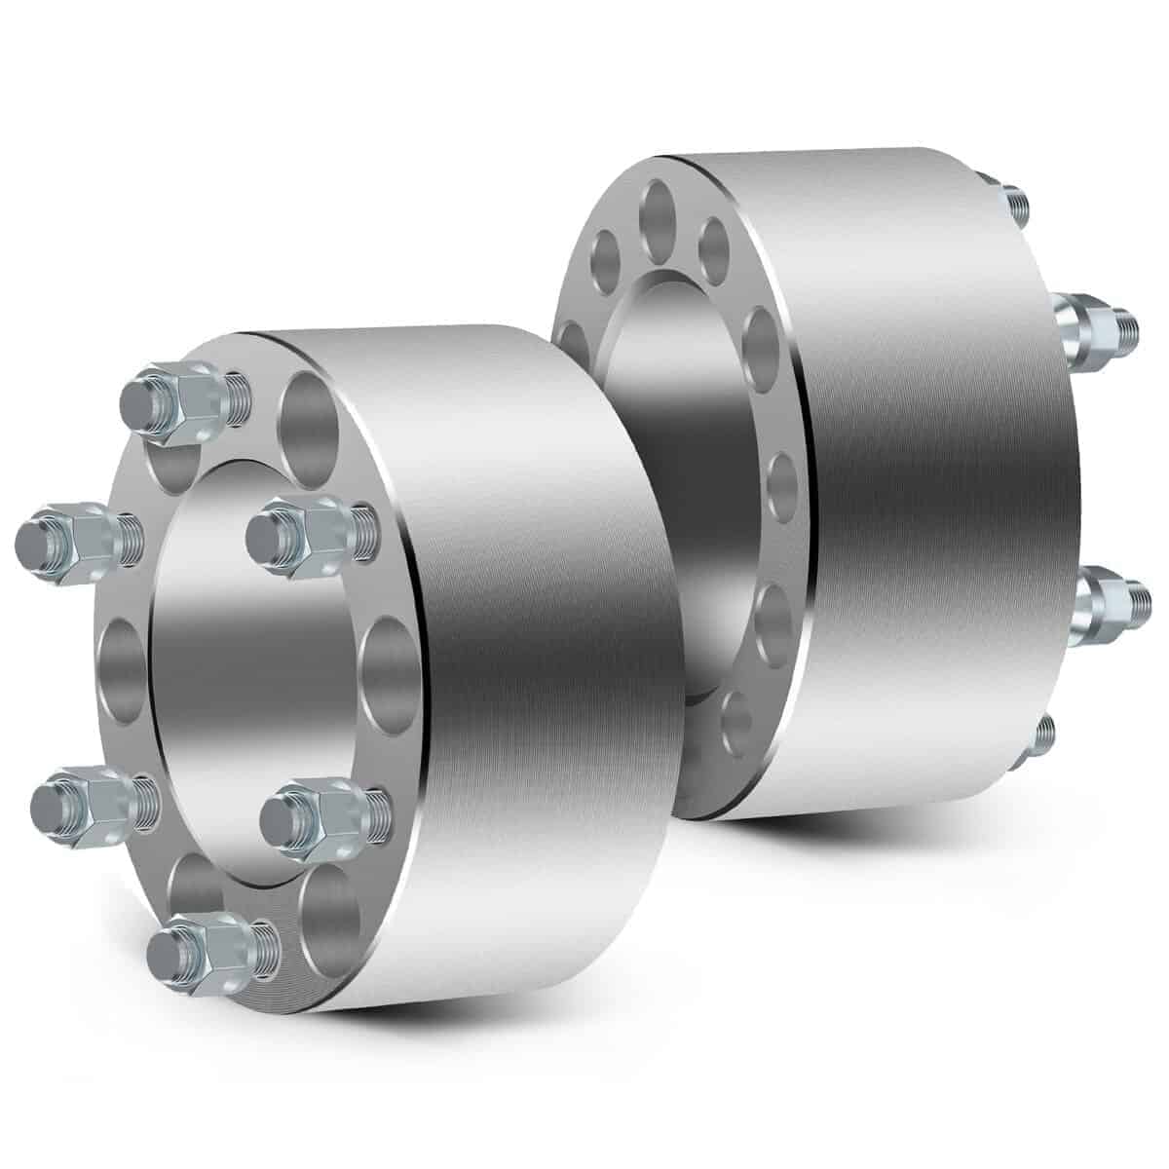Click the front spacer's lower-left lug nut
(x=87, y=801)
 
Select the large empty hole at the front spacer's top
(x=304, y=416)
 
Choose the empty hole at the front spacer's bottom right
(x=329, y=905)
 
